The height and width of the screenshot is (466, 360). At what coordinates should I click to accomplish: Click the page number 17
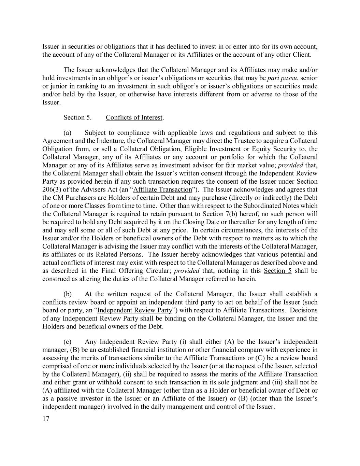pyautogui.click(x=46, y=419)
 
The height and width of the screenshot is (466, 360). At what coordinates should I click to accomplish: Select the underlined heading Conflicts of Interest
pyautogui.click(x=134, y=117)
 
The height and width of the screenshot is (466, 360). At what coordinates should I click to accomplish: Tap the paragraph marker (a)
pyautogui.click(x=67, y=133)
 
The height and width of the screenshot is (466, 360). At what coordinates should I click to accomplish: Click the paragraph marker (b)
pyautogui.click(x=67, y=294)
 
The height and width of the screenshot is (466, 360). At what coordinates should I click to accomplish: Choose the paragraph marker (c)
pyautogui.click(x=67, y=342)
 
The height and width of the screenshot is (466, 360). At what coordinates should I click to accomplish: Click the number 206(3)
pyautogui.click(x=52, y=189)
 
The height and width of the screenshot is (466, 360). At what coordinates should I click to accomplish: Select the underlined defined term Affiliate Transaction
pyautogui.click(x=163, y=189)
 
